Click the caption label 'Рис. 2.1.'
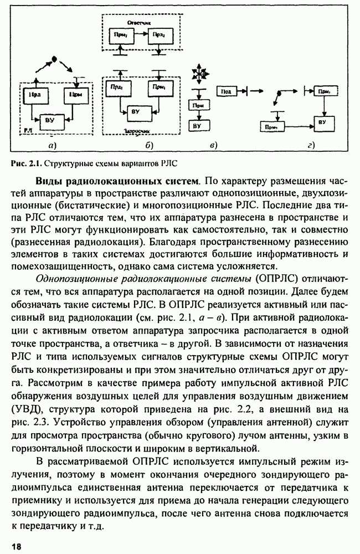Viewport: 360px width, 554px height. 25,163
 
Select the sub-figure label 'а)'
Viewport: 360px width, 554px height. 52,146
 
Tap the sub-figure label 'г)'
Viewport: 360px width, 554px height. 311,146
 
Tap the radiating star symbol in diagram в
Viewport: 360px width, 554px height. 198,74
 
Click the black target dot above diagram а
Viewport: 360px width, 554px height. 54,59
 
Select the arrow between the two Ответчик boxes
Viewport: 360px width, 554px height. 138,34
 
